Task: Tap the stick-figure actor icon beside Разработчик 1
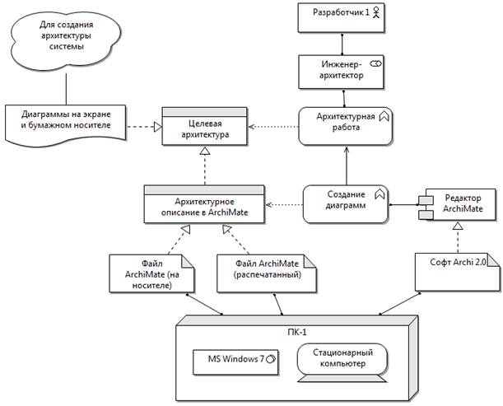pos(377,13)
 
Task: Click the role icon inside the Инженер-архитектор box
pos(377,63)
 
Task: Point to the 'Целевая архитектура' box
pos(203,127)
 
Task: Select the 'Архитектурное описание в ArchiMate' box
pos(203,203)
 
